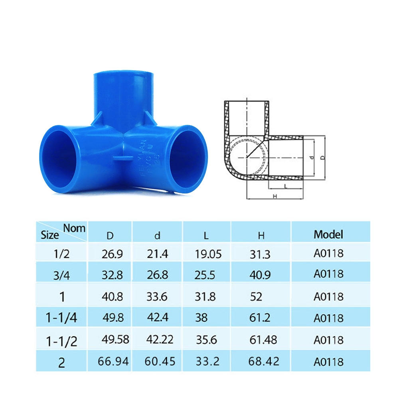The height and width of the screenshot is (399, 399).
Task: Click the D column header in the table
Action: [110, 236]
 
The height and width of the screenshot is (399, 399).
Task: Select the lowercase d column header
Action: [157, 236]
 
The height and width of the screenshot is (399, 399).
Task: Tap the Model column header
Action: [328, 234]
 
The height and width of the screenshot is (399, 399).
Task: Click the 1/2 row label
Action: [61, 254]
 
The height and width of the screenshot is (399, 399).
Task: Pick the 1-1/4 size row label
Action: [61, 318]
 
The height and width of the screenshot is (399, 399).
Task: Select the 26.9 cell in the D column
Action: [112, 254]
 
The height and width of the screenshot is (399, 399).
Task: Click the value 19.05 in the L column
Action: [208, 254]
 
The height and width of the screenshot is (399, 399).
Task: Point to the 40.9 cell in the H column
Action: [260, 275]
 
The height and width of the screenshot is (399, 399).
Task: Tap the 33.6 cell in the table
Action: [157, 296]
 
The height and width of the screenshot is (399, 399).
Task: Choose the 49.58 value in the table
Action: [115, 339]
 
